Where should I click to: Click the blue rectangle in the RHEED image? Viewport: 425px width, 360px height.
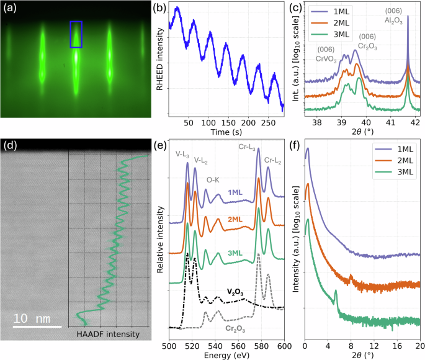76,34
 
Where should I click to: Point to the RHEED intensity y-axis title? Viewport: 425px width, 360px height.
159,59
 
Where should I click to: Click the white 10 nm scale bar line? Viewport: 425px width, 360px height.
37,326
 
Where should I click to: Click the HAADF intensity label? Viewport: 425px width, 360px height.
108,335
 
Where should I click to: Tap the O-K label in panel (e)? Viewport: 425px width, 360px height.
213,180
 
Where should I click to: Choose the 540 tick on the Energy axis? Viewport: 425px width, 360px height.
215,345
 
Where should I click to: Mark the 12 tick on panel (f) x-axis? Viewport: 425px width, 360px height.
374,345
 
